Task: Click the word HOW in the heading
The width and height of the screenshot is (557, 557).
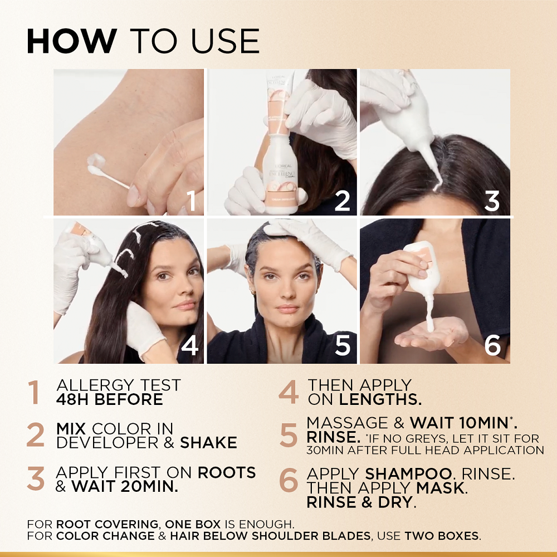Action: [71, 42]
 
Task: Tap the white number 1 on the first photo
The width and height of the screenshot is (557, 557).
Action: [190, 201]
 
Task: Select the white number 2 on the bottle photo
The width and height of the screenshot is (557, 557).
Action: [342, 201]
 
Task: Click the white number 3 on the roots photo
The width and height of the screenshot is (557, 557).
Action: [492, 201]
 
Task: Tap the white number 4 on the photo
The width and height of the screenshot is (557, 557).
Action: [190, 346]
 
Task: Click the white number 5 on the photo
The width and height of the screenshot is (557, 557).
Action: [343, 346]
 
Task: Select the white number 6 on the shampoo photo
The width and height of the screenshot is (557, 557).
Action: [492, 346]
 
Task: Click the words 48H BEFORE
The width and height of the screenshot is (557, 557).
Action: [110, 399]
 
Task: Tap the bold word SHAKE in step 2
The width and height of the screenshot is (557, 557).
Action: [208, 443]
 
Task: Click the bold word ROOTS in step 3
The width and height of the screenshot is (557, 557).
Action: [227, 472]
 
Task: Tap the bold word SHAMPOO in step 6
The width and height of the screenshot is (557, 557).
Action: [409, 474]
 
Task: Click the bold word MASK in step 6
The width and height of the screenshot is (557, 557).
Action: [443, 488]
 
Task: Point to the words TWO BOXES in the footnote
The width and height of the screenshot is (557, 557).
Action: [441, 536]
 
